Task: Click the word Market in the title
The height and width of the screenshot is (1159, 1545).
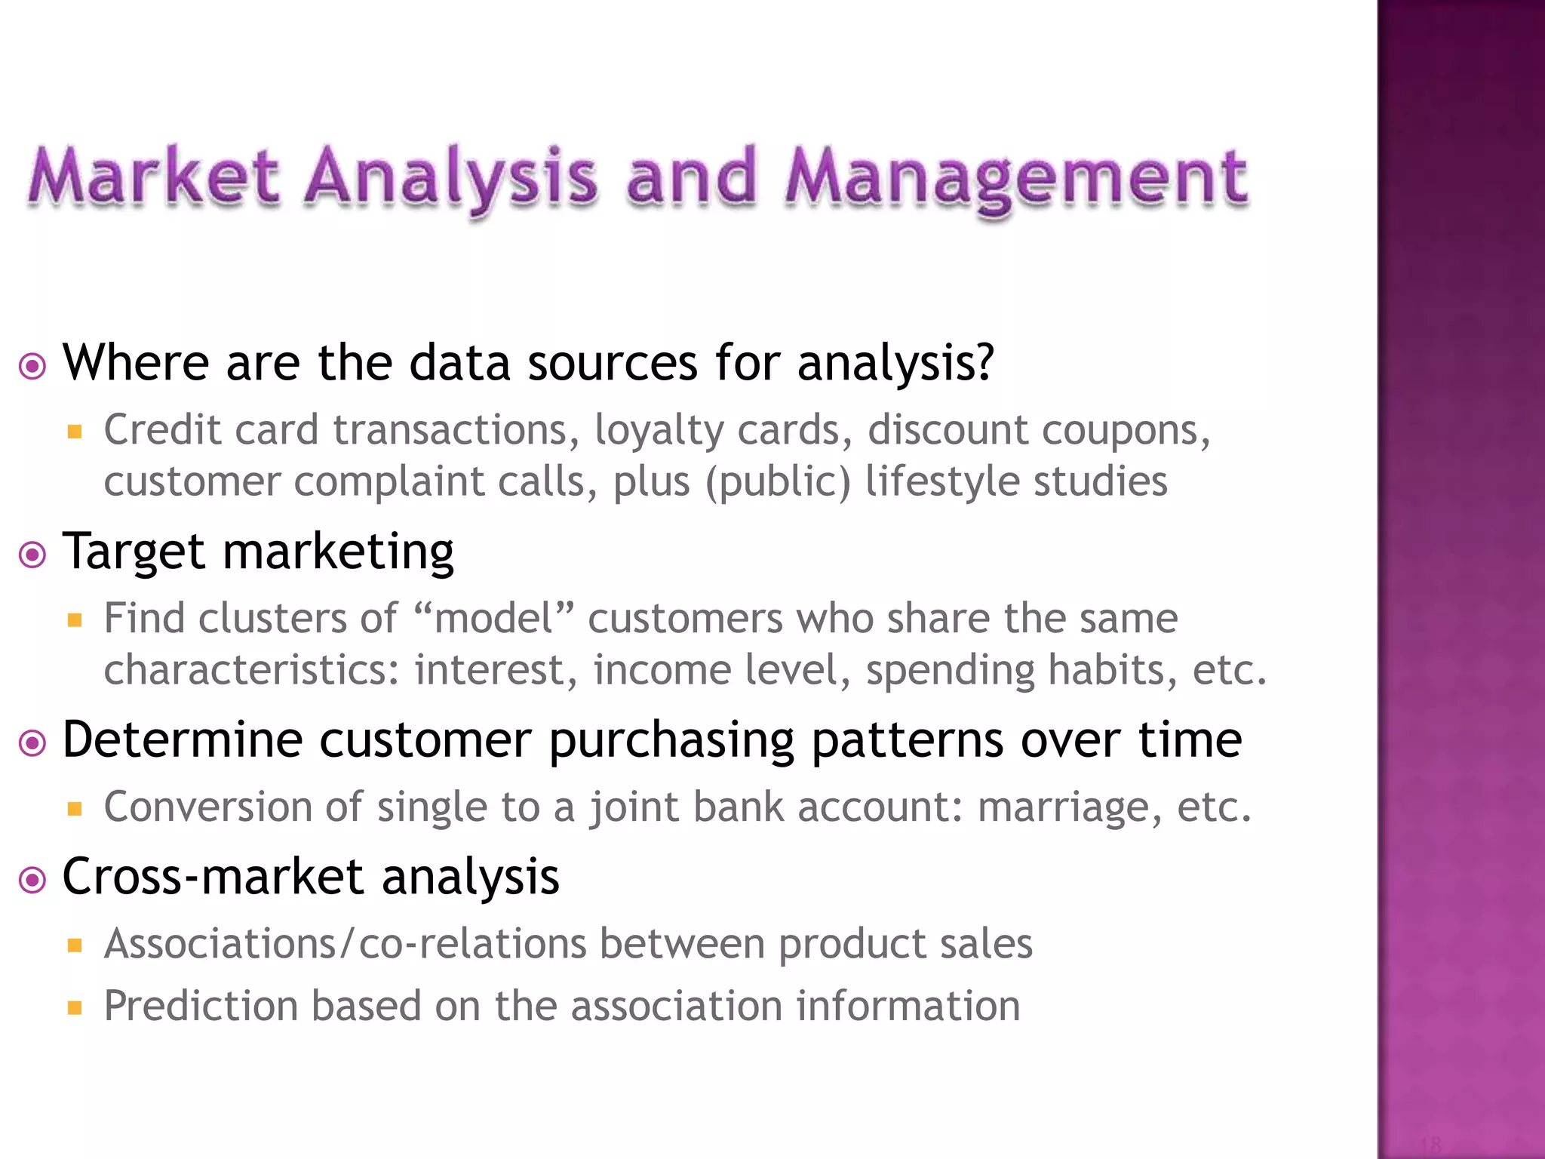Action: click(155, 177)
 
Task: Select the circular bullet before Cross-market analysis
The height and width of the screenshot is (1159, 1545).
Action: click(32, 880)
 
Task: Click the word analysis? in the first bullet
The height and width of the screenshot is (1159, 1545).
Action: click(895, 364)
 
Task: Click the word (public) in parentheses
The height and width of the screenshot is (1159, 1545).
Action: click(778, 483)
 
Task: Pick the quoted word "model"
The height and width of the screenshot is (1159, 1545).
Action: click(494, 619)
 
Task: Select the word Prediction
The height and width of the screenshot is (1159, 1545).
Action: click(201, 1007)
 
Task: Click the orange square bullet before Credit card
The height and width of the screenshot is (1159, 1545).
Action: click(74, 432)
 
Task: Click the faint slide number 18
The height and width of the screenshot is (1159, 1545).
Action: click(1430, 1144)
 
